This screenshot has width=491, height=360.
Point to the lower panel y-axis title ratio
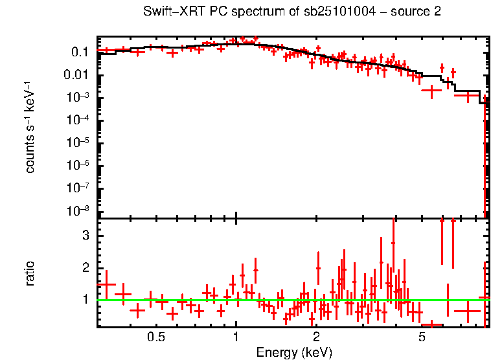[30, 273]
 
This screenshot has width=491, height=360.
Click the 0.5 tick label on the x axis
[155, 337]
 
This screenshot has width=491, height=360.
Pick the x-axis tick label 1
[236, 337]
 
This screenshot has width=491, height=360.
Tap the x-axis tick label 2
[316, 337]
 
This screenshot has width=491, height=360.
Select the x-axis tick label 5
[422, 337]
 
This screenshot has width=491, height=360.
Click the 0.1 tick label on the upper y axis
[80, 52]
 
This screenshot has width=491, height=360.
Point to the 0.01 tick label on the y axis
[76, 75]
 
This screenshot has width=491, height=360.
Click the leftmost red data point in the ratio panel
[106, 284]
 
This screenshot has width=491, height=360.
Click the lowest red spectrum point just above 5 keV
[431, 91]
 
